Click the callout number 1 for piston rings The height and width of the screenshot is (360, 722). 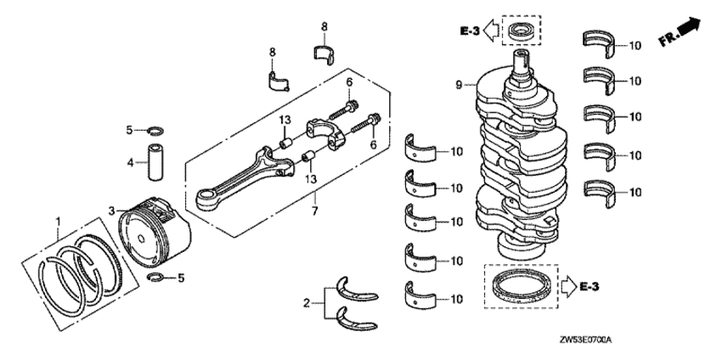pyautogui.click(x=58, y=222)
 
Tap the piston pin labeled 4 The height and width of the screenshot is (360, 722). pyautogui.click(x=154, y=163)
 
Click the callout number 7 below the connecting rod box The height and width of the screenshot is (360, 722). pyautogui.click(x=315, y=211)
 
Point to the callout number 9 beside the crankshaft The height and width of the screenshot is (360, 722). pyautogui.click(x=459, y=85)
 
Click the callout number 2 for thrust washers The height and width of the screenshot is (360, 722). pyautogui.click(x=306, y=303)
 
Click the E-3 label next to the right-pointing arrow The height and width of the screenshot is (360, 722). pyautogui.click(x=589, y=287)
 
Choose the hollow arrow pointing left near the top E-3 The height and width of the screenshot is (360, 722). pyautogui.click(x=491, y=31)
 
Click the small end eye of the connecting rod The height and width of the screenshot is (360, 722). pyautogui.click(x=205, y=200)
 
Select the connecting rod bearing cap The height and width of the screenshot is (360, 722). pyautogui.click(x=325, y=132)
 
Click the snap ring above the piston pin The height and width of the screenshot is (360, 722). pyautogui.click(x=155, y=132)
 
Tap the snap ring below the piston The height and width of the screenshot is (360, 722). pyautogui.click(x=156, y=277)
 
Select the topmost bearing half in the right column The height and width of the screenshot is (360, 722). pyautogui.click(x=598, y=45)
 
